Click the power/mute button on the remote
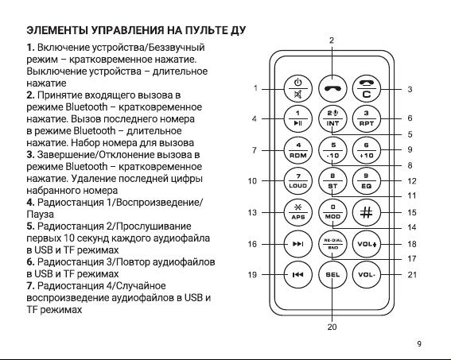click(298, 88)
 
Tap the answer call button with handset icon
click(332, 88)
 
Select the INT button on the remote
click(332, 118)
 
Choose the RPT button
click(367, 118)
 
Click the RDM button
click(298, 150)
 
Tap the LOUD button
click(298, 181)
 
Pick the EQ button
click(367, 181)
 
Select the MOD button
click(332, 213)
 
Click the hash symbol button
click(367, 213)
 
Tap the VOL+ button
click(367, 244)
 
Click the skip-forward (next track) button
click(298, 244)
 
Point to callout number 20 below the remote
click(332, 327)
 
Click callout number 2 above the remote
click(332, 41)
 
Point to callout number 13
click(252, 213)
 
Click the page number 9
click(419, 343)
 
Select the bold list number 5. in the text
click(30, 226)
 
